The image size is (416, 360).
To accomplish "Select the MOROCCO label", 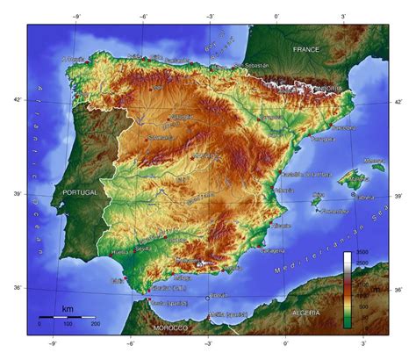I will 170,328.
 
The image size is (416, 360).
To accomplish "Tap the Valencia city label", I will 283,190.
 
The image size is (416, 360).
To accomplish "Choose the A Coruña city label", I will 74,59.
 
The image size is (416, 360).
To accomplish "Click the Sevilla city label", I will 144,248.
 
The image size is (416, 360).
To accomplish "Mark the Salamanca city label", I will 161,138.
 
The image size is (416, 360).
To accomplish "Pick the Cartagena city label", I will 273,249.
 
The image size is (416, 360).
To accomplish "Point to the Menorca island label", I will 374,162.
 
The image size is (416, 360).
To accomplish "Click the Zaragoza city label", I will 271,117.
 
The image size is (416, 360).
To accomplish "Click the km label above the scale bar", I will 67,309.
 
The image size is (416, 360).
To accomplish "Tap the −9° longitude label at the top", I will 77,17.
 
